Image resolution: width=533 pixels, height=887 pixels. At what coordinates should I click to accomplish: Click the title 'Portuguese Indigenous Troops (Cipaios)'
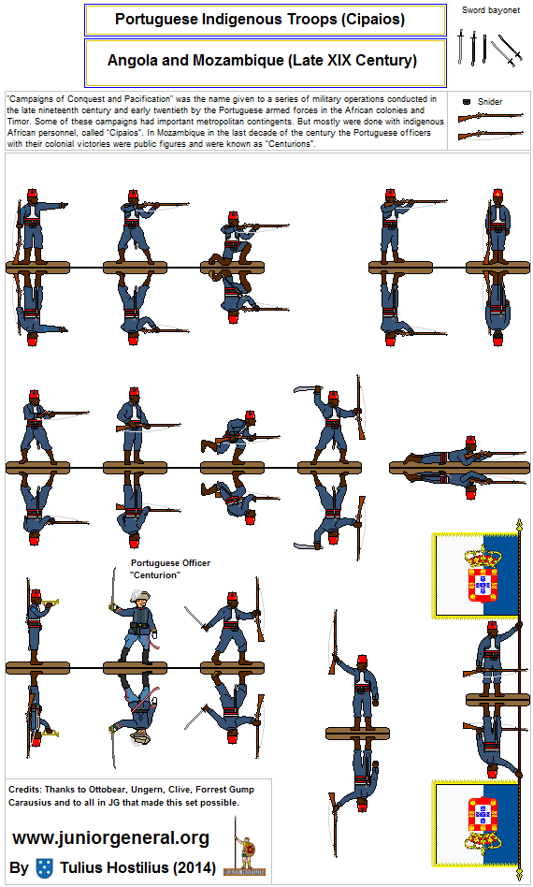(x=266, y=20)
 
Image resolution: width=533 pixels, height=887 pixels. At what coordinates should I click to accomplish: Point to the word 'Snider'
(x=489, y=101)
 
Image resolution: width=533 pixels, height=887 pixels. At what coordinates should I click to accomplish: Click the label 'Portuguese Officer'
(x=170, y=563)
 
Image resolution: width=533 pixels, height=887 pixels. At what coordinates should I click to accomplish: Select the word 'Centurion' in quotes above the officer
(x=155, y=574)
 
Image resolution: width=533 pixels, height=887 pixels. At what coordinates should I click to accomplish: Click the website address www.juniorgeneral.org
(x=110, y=837)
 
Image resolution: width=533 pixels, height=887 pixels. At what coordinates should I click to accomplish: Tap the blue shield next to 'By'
(x=43, y=867)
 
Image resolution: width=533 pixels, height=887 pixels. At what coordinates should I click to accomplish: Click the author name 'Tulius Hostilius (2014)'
(x=140, y=867)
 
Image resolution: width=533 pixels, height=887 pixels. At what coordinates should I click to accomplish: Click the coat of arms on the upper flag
(x=483, y=576)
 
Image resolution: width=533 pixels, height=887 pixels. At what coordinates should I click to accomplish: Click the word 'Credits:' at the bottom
(x=25, y=789)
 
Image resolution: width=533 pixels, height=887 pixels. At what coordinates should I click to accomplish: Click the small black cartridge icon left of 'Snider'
(x=466, y=100)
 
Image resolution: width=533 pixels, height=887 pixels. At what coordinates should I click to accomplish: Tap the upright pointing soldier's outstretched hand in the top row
(x=65, y=202)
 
